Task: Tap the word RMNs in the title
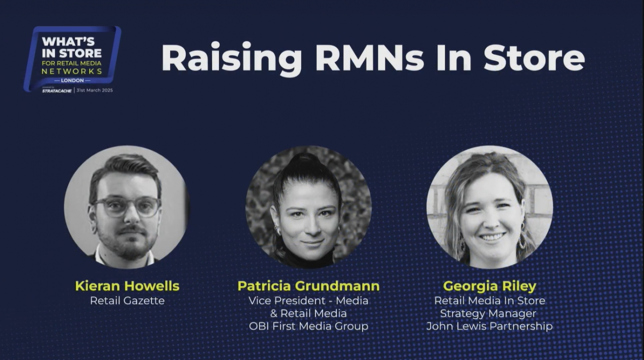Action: point(370,57)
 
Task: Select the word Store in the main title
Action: point(535,58)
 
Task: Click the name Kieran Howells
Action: point(127,286)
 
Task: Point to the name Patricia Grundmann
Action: point(309,286)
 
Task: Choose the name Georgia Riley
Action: point(489,286)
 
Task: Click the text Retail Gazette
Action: point(127,300)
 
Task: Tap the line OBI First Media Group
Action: point(309,326)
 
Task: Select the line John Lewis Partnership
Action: point(489,326)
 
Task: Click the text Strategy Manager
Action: point(488,313)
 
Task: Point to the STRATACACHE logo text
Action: point(57,91)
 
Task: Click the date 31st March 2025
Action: point(94,90)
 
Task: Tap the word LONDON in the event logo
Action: point(72,80)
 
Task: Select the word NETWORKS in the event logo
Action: point(71,71)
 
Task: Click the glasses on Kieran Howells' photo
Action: point(127,207)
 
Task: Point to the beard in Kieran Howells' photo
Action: point(127,244)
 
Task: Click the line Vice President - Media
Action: point(308,300)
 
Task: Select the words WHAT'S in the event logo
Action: point(68,42)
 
